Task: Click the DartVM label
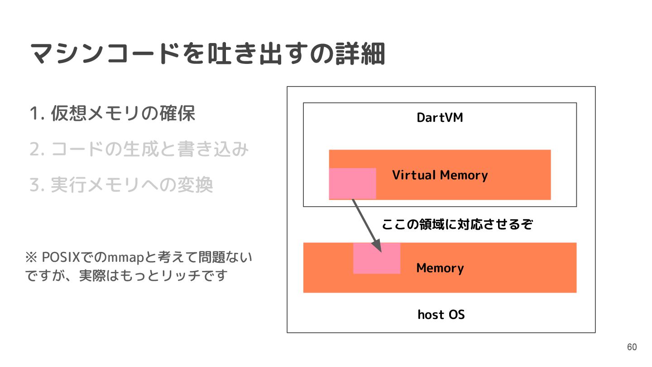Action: tap(440, 118)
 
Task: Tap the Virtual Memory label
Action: tap(440, 175)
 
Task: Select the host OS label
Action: tap(441, 314)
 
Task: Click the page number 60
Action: tap(632, 347)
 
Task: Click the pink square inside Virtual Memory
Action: tap(352, 183)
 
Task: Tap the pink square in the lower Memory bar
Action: tap(377, 258)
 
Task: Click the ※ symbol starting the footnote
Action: tap(31, 258)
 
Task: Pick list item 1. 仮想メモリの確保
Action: tap(112, 113)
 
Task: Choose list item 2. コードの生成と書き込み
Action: tap(139, 149)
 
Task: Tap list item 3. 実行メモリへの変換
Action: tap(121, 185)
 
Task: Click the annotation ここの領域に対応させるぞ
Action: tap(457, 224)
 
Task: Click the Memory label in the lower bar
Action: tap(440, 268)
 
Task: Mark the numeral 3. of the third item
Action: tap(36, 185)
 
